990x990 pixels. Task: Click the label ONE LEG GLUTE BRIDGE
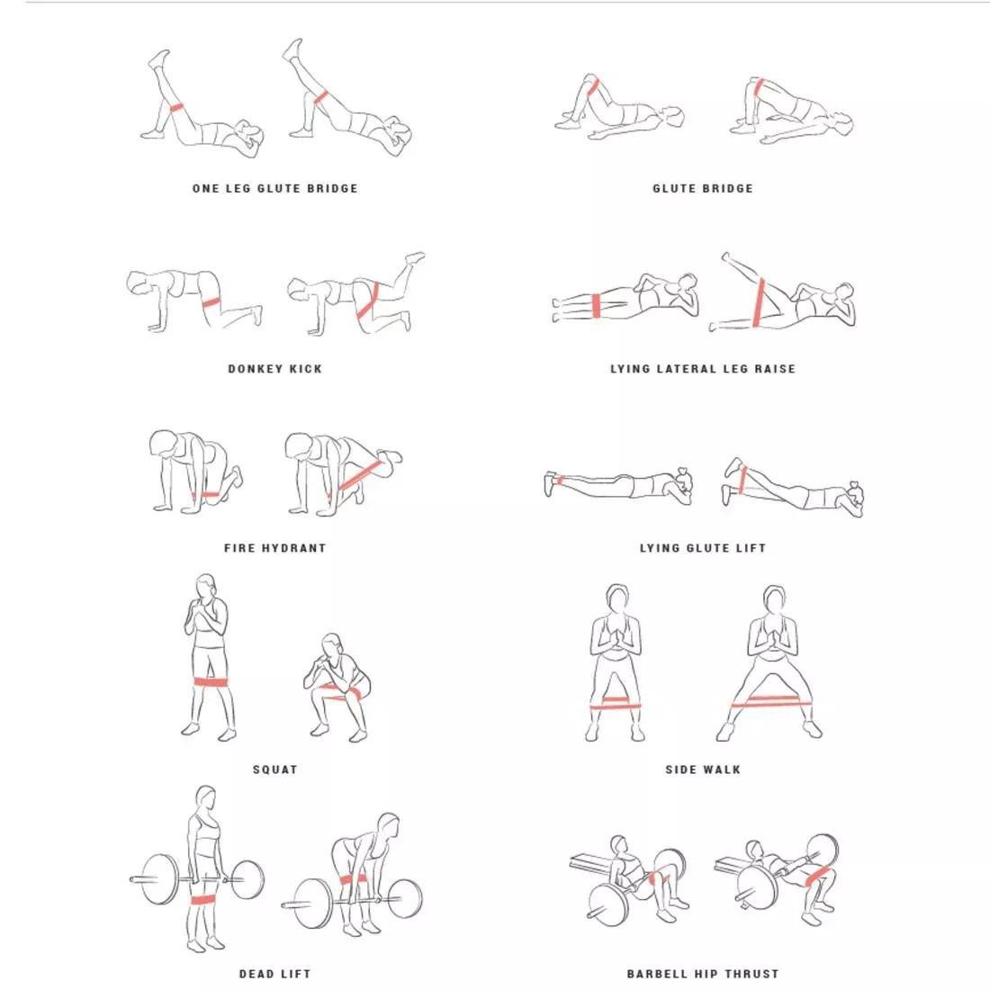(274, 188)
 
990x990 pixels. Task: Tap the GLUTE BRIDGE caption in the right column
(703, 188)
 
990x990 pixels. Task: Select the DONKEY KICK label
(274, 368)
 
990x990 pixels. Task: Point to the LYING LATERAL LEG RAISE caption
(703, 368)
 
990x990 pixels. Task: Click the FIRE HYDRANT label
(274, 547)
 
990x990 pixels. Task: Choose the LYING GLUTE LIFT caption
(703, 547)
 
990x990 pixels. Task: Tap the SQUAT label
(274, 769)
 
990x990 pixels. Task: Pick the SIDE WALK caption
(703, 769)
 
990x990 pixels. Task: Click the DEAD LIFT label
(274, 974)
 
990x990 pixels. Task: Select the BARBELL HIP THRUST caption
(703, 974)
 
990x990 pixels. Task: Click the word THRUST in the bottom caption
(750, 974)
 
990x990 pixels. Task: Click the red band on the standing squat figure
(211, 681)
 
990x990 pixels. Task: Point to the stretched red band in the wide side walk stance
(771, 703)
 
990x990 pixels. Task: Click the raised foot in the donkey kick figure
(415, 258)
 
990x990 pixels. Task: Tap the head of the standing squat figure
(206, 586)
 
